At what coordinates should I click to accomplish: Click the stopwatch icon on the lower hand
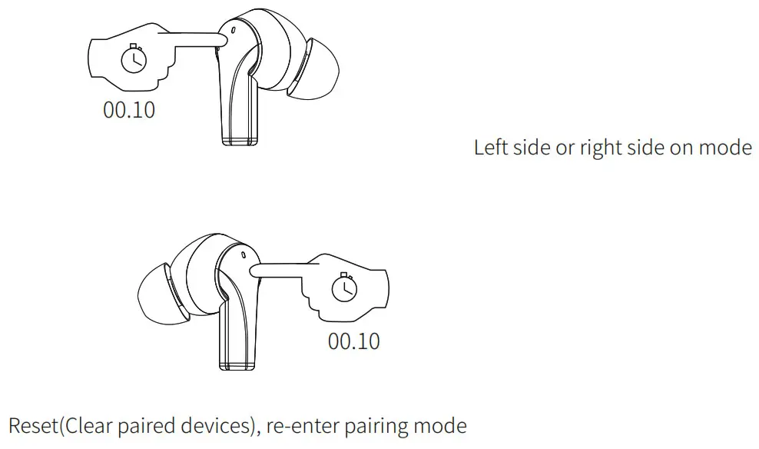(x=343, y=287)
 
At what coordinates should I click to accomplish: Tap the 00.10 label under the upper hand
(x=129, y=110)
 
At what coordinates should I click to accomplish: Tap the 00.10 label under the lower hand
(x=354, y=341)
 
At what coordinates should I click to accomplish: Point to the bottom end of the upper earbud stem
(x=240, y=139)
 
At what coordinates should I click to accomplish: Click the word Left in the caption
(x=490, y=148)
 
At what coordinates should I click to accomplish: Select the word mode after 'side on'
(x=725, y=148)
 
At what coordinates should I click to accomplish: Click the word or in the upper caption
(x=565, y=148)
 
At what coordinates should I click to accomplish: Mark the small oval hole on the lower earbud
(x=243, y=253)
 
